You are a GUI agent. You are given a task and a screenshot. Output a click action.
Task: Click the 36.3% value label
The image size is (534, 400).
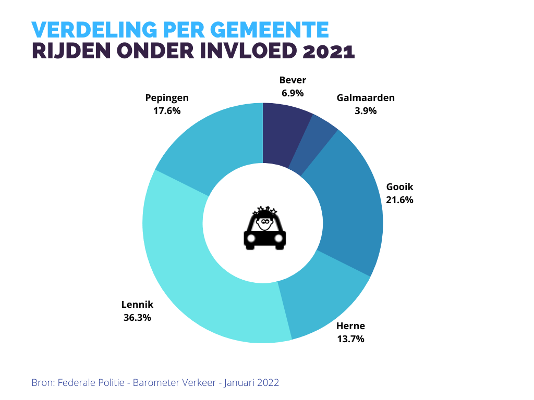pos(137,317)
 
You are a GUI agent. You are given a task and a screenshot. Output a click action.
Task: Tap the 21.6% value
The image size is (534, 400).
pos(399,199)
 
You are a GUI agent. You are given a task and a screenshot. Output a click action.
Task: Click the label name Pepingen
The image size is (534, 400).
pos(167,98)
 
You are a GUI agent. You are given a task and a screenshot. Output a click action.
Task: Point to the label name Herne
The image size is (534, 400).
pos(350,327)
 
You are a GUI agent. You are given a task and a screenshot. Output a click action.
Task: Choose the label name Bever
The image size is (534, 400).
pos(293,80)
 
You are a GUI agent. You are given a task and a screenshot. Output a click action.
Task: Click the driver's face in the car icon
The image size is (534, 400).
pos(265,223)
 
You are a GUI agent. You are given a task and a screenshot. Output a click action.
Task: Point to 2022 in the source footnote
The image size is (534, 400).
pos(268,383)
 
